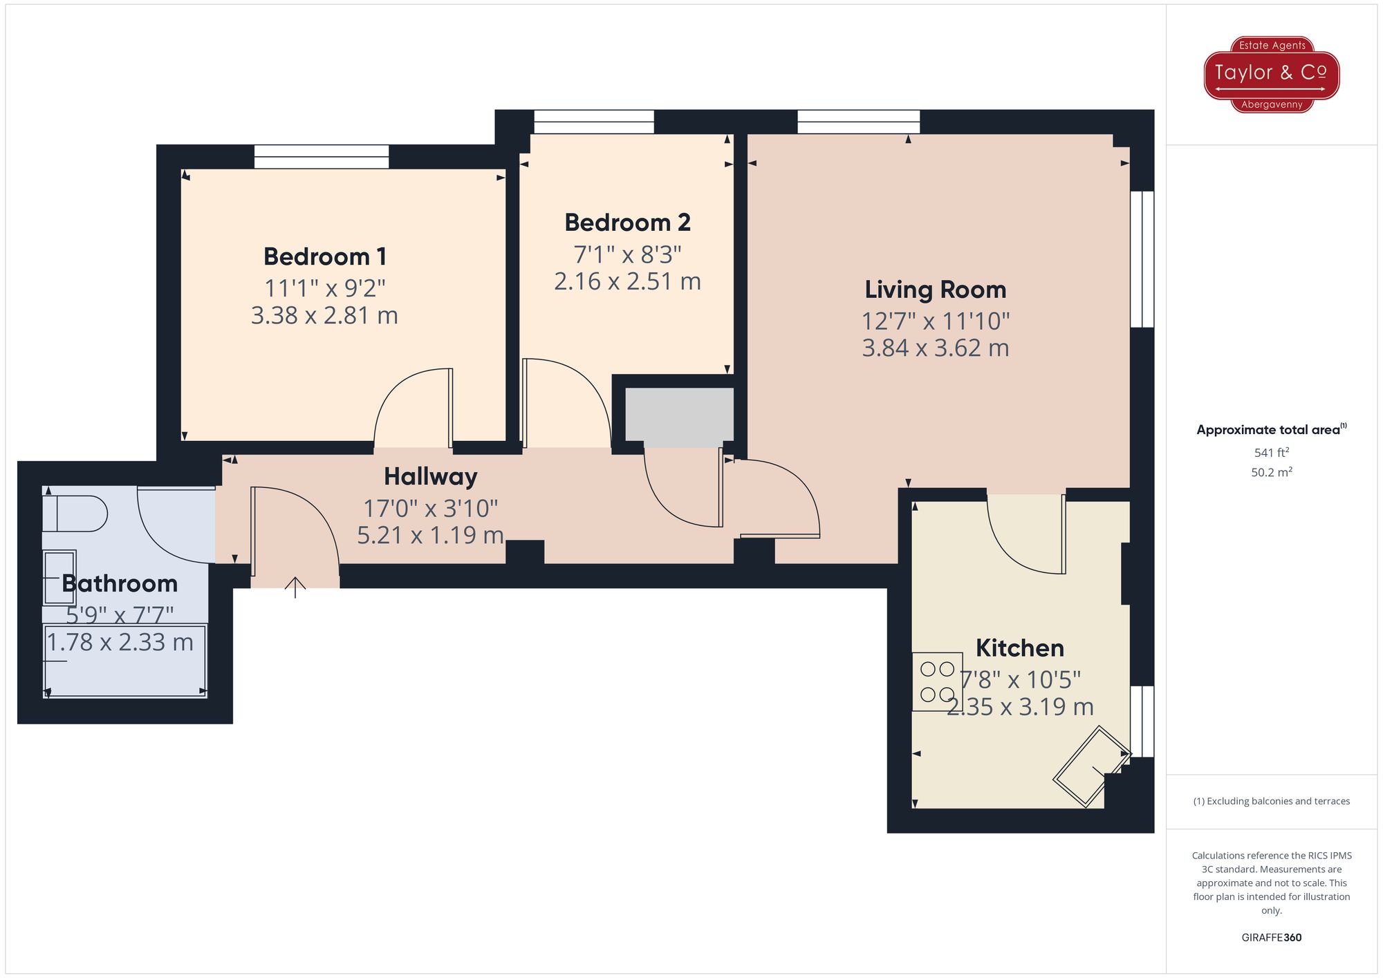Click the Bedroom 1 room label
tap(324, 256)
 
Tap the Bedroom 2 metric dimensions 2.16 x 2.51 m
tap(627, 281)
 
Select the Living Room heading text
tap(935, 290)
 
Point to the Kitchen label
tap(1019, 648)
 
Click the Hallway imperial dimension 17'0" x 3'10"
tap(430, 509)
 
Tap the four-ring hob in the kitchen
tap(937, 681)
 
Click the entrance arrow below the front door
tap(295, 587)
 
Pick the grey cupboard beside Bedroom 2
tap(679, 417)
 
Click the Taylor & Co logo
tap(1272, 74)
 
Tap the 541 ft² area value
tap(1271, 453)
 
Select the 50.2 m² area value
tap(1271, 472)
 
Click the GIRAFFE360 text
tap(1271, 937)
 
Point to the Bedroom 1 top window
tap(322, 156)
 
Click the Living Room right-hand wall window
tap(1142, 259)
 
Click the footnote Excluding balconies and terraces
tap(1271, 801)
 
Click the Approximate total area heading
tap(1271, 429)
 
